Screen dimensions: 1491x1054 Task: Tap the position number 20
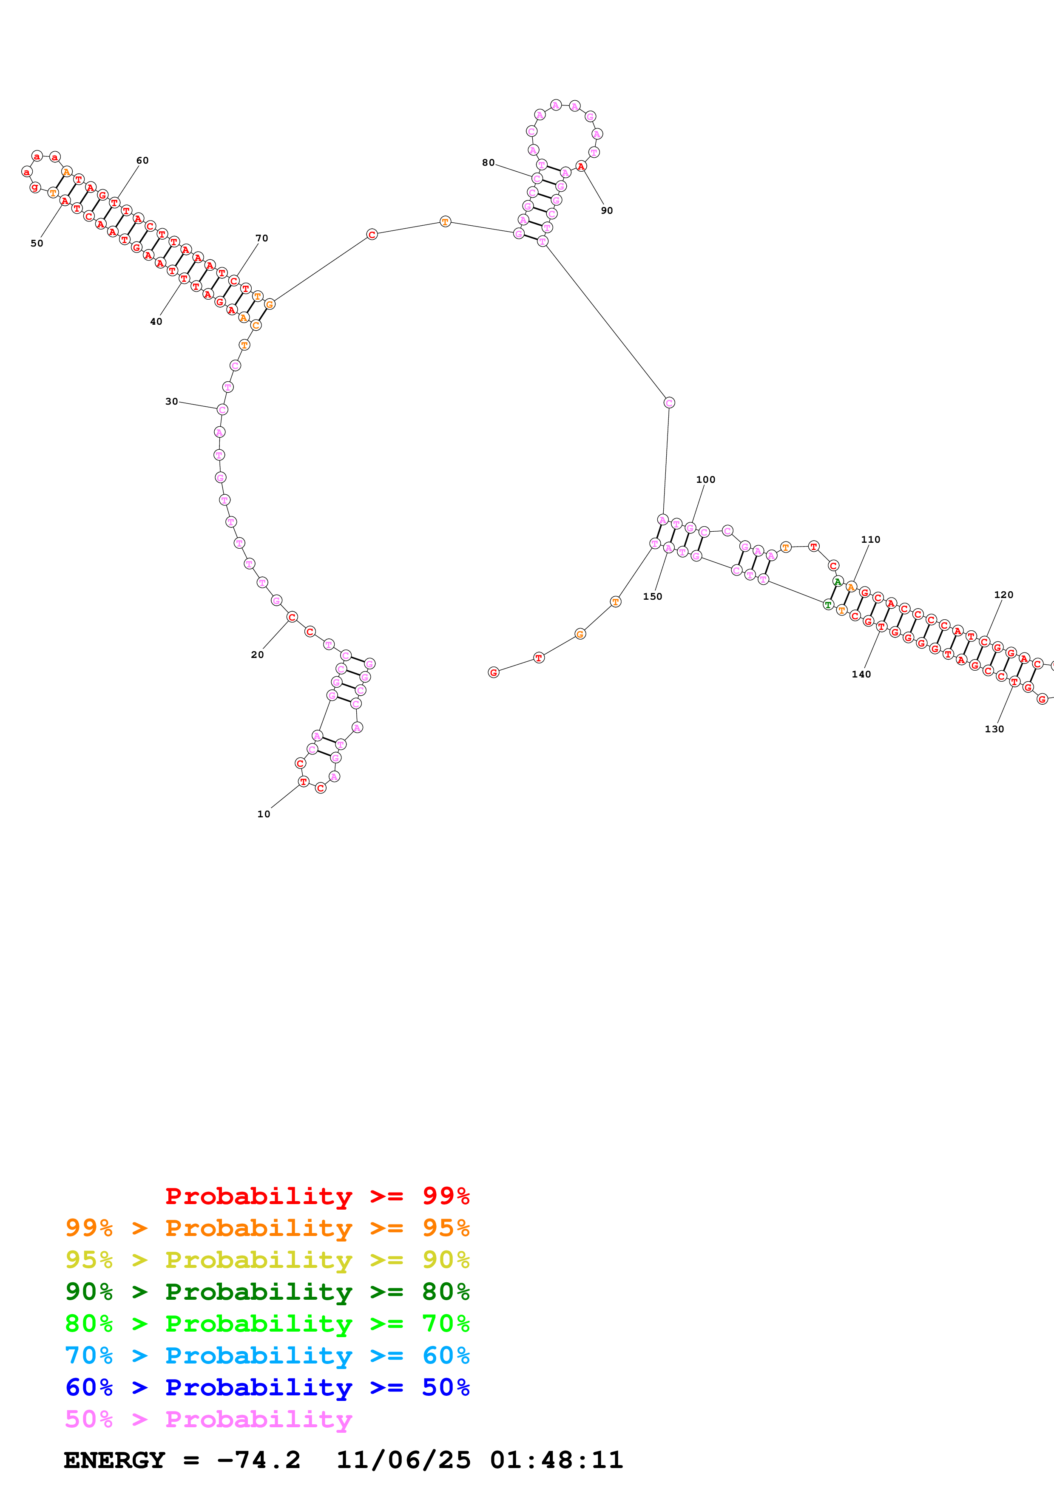click(x=257, y=655)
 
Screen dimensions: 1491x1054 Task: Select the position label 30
click(x=171, y=401)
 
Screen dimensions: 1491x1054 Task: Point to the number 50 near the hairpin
click(x=37, y=244)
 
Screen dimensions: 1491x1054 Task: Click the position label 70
click(x=262, y=238)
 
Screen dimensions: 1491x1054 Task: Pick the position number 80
click(x=489, y=162)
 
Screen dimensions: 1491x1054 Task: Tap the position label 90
click(x=607, y=210)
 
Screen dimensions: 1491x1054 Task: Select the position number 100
click(x=705, y=479)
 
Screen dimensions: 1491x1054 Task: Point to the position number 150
click(x=653, y=596)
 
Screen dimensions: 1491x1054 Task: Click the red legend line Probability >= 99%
click(x=317, y=1196)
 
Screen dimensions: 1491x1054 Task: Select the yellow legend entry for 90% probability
click(x=267, y=1260)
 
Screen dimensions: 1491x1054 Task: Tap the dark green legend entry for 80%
click(x=267, y=1292)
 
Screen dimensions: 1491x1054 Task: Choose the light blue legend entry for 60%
click(x=267, y=1355)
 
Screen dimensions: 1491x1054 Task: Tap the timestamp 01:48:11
click(x=557, y=1460)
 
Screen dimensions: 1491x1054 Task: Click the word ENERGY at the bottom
click(x=114, y=1460)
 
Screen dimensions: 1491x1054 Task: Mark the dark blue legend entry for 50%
click(x=267, y=1387)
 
